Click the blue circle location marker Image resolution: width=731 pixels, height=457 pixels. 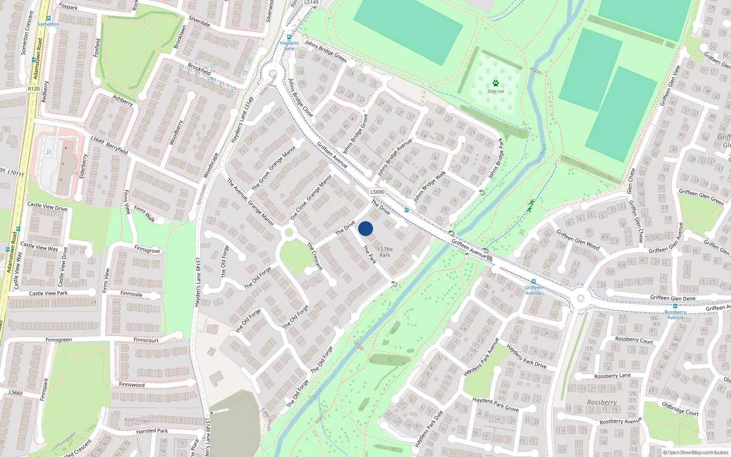(365, 228)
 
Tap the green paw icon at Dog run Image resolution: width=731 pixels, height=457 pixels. (496, 83)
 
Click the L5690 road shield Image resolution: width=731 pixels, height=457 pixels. (377, 192)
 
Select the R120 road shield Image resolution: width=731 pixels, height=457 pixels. (33, 89)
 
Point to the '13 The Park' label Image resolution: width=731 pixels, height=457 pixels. (385, 252)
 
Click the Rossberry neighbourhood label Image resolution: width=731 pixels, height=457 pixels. (602, 403)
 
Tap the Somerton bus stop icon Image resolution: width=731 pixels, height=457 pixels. (48, 19)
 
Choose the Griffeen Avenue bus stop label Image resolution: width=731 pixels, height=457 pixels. (533, 290)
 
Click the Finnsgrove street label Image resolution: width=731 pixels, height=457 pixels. (147, 250)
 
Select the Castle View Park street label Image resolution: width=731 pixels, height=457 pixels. (48, 293)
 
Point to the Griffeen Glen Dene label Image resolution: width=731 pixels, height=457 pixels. (673, 298)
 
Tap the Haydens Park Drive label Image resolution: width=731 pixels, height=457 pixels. (526, 356)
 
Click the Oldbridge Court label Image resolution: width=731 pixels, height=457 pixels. (680, 408)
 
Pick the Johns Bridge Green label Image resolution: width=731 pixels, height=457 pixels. (326, 51)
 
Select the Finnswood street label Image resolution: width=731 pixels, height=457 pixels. (132, 384)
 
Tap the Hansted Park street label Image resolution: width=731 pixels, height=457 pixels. (152, 431)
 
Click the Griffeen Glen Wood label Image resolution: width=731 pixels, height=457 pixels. (578, 239)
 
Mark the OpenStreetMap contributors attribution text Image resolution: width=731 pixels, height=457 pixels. (696, 453)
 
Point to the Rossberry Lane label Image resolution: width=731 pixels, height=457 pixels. (612, 376)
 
